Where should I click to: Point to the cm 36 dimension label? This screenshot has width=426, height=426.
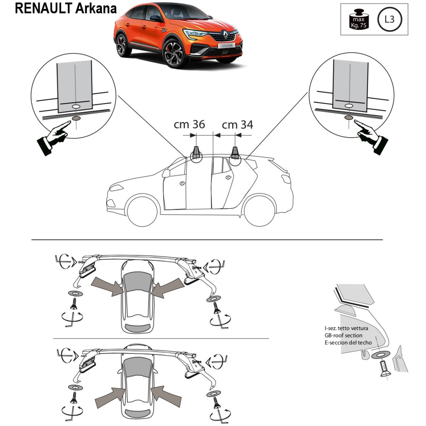[189, 124]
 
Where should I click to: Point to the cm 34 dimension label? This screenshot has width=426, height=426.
[238, 124]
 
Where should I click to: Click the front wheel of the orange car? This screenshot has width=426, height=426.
[174, 53]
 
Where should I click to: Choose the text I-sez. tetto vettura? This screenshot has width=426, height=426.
[345, 328]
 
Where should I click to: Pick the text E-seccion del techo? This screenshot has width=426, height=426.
[348, 342]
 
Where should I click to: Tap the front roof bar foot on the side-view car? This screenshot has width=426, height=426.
[197, 153]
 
